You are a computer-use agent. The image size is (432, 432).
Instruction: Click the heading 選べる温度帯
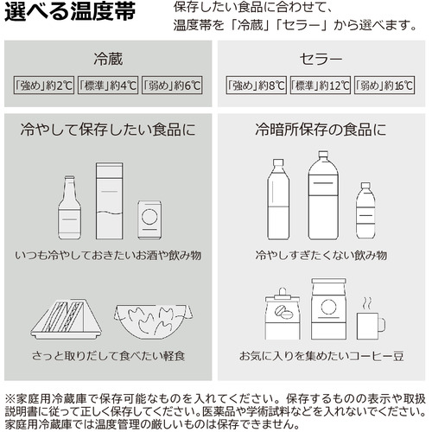point(70,11)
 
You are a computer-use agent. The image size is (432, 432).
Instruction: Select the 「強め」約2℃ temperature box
point(44,86)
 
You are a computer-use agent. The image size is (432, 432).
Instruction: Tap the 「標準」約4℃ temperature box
point(108,86)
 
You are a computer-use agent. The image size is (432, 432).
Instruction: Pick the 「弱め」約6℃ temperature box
point(172,86)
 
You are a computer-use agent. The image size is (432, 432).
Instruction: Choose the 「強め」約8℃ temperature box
point(256,86)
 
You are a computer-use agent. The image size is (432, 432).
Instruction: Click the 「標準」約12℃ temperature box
point(321,86)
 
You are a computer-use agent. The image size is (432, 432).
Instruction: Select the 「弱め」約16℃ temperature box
point(384,86)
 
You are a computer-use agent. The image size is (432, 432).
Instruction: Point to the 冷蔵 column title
point(108,59)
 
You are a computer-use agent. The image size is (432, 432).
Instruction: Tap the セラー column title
point(321,60)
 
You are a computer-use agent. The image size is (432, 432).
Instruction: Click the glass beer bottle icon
point(69,207)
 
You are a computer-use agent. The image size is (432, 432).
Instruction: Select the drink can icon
point(149,219)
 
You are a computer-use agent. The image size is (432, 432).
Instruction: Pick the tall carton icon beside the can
point(110,201)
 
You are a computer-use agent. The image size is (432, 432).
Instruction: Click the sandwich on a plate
point(66,320)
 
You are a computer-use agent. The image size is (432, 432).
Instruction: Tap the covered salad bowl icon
point(153,321)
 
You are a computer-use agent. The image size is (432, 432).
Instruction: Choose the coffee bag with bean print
point(283,314)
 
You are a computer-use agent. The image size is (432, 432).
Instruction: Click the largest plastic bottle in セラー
point(323,195)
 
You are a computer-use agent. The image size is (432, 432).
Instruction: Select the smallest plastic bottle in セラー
point(365,210)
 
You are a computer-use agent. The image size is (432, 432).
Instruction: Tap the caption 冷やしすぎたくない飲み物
point(321,255)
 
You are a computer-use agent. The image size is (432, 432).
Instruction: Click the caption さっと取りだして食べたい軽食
point(108,356)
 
